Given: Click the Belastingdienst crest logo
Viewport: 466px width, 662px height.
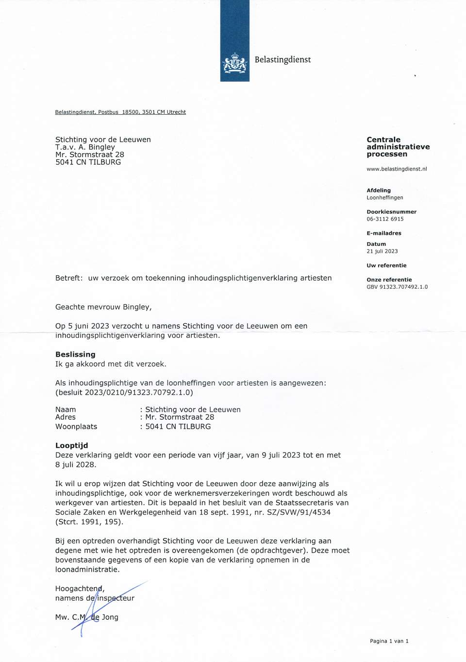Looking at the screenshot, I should pyautogui.click(x=235, y=63).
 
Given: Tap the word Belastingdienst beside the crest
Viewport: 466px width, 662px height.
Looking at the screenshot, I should pyautogui.click(x=283, y=60).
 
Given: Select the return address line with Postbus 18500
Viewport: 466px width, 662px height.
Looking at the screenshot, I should pyautogui.click(x=120, y=112).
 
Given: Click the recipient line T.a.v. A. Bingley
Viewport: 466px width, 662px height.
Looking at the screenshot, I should pyautogui.click(x=85, y=147).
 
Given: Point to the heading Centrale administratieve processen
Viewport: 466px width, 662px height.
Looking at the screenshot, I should pyautogui.click(x=398, y=147).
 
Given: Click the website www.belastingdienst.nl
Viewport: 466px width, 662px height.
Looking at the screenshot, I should pyautogui.click(x=397, y=169).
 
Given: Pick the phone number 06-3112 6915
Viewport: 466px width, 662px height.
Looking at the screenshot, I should pyautogui.click(x=385, y=219).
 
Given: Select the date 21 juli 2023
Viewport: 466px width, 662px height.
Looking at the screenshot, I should pyautogui.click(x=382, y=251).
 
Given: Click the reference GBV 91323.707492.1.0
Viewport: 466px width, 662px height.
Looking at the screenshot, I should pyautogui.click(x=397, y=287).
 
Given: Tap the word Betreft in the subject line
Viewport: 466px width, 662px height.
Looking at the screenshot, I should pyautogui.click(x=68, y=278).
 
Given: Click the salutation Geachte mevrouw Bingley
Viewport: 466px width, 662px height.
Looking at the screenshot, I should pyautogui.click(x=103, y=307).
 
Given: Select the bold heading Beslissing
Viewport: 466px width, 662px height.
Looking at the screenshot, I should pyautogui.click(x=75, y=354).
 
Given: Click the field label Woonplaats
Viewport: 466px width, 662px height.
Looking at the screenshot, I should pyautogui.click(x=76, y=426).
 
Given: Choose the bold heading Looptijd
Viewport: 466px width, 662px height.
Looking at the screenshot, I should pyautogui.click(x=71, y=445).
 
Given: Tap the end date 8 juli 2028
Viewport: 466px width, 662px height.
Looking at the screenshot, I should pyautogui.click(x=75, y=464).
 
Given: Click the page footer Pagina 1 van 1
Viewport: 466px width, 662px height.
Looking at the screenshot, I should pyautogui.click(x=389, y=641).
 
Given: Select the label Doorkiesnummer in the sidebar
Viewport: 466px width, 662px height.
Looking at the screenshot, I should pyautogui.click(x=391, y=212).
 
